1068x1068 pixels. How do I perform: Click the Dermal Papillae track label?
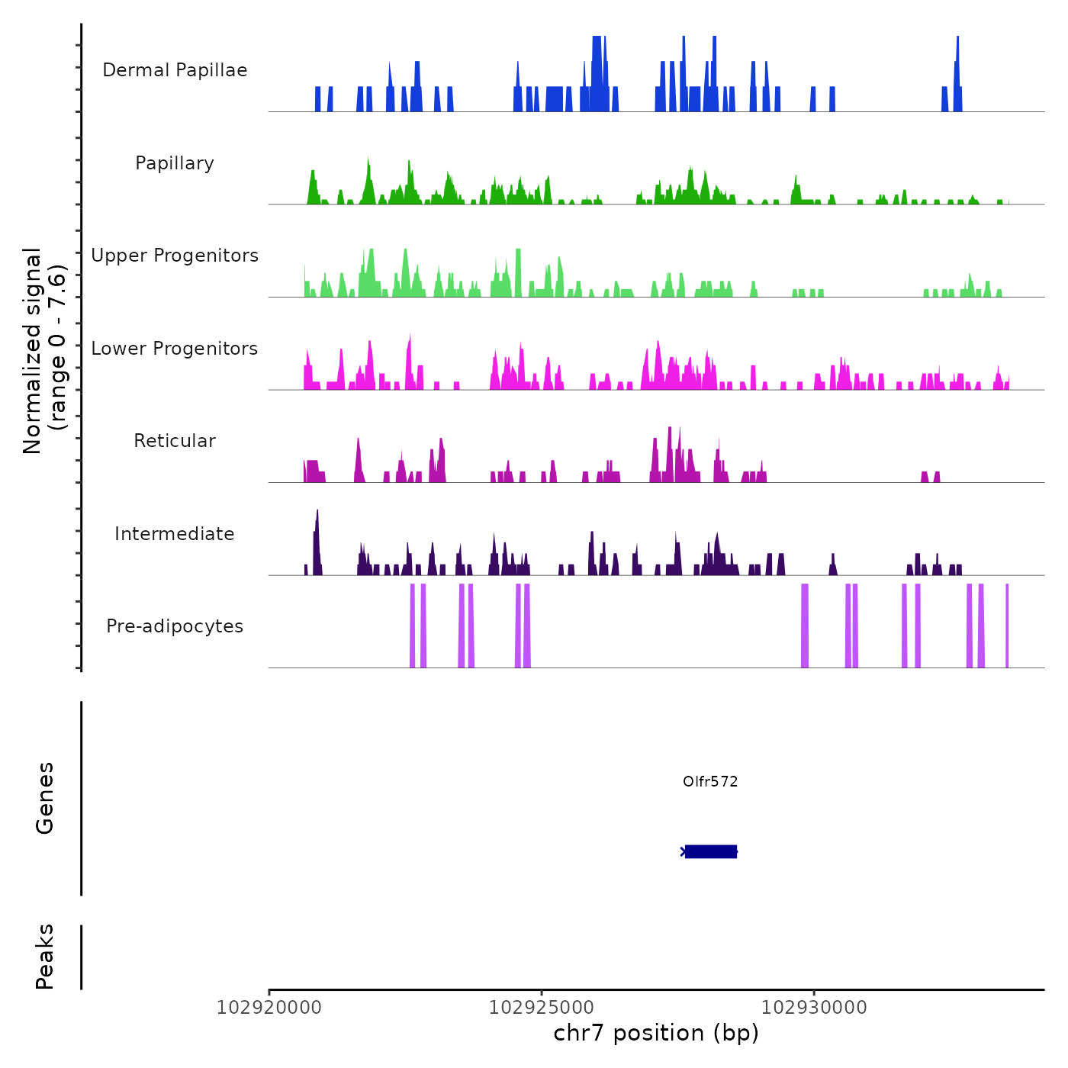(175, 70)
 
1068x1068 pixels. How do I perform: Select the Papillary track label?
(175, 163)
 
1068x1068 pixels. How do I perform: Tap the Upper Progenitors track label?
(175, 256)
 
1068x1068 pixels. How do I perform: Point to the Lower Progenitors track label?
(175, 349)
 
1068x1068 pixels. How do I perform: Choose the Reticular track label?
(175, 441)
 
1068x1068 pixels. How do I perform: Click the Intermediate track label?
(175, 534)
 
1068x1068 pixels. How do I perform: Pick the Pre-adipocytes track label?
(175, 626)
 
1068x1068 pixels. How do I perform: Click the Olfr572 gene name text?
(710, 781)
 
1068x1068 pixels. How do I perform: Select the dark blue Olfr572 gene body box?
(711, 851)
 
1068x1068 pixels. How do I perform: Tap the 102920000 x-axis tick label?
(269, 1008)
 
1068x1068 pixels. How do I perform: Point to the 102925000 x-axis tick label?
(542, 1008)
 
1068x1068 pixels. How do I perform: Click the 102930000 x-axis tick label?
(814, 1008)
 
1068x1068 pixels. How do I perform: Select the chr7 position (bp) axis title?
(656, 1033)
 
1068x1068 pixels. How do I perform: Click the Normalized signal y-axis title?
(44, 350)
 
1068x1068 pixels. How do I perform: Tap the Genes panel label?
(45, 798)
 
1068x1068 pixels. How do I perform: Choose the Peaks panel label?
(45, 957)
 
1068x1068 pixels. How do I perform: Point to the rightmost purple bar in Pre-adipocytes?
(1007, 626)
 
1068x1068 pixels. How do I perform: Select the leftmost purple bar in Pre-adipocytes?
(413, 626)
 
